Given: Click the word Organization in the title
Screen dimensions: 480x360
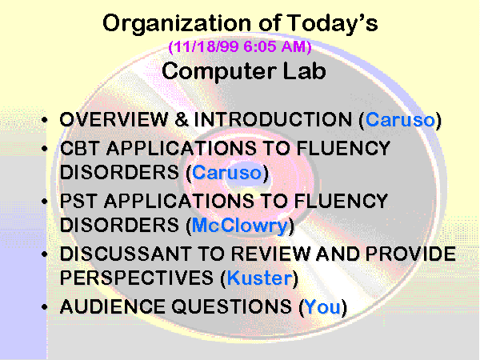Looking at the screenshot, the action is point(178,24).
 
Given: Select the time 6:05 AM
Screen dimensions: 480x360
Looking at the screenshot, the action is point(275,47).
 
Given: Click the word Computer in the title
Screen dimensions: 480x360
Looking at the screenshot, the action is point(218,71).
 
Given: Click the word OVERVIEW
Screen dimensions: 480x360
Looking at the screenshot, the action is point(114,119).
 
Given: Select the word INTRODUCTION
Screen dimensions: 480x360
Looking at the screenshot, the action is point(273,119).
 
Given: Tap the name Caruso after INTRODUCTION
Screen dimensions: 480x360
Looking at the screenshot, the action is point(400,119).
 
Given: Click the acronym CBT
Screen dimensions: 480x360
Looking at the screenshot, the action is point(79,148).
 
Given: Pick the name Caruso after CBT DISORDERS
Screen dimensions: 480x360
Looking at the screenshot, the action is point(226,172).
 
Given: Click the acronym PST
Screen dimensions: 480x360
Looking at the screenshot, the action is point(78,201).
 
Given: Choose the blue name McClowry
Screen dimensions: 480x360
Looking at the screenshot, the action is point(240,226).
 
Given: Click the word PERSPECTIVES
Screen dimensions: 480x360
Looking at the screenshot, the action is point(137,278).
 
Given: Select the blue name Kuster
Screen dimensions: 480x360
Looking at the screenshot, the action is point(259,278).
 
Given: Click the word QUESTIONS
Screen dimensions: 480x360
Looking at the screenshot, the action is point(231,307).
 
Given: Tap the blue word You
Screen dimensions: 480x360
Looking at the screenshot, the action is point(323,306).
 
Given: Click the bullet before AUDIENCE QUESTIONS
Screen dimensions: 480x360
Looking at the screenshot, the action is point(45,306).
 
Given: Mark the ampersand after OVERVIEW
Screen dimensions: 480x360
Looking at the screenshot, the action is point(182,119).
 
